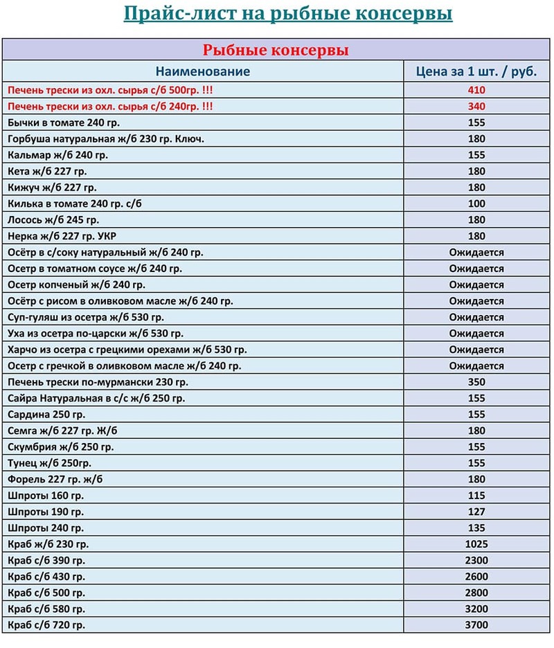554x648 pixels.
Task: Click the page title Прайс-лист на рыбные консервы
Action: pos(287,15)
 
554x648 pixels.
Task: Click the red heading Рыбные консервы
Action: pos(275,50)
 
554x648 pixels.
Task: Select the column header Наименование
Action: pos(202,71)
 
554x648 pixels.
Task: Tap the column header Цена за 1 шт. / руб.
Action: pos(476,71)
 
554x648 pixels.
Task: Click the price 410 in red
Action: pos(476,90)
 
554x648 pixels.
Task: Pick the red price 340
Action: pos(476,107)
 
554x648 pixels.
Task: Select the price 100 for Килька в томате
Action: pos(476,204)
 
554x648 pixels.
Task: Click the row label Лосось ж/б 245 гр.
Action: pos(53,219)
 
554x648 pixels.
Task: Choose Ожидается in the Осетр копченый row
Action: pos(476,285)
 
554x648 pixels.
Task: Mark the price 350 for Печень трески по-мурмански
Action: pos(476,382)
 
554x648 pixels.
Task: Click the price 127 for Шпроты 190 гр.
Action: pos(476,512)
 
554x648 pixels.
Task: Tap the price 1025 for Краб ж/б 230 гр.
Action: pos(476,544)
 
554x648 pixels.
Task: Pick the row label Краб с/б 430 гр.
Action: pos(46,576)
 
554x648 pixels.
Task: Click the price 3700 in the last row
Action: pos(476,625)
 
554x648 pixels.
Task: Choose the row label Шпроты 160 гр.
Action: pos(46,496)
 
